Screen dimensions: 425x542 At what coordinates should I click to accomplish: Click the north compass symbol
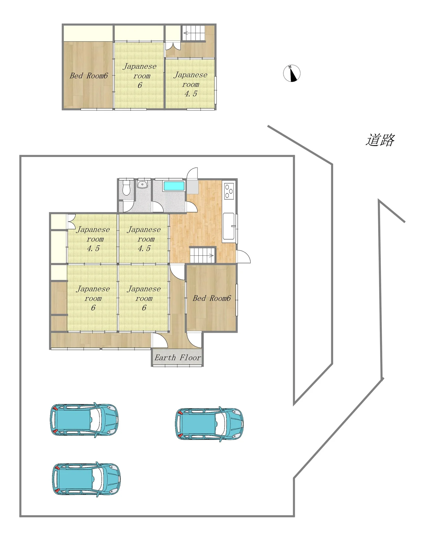tap(292, 73)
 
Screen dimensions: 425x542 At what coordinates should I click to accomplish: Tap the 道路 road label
tap(380, 140)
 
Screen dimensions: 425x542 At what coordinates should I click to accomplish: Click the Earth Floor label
tap(178, 358)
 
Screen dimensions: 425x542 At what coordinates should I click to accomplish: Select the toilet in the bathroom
tap(126, 187)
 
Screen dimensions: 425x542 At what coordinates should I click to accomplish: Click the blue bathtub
tap(174, 186)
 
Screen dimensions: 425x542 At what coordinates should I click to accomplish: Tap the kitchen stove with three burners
tap(229, 191)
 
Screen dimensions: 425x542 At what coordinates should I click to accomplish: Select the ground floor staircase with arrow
tap(202, 255)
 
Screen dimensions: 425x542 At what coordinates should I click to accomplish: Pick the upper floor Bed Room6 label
tap(89, 76)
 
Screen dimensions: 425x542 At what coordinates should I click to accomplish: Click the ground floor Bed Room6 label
tap(212, 298)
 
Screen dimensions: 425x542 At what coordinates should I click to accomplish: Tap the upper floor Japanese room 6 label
tap(140, 76)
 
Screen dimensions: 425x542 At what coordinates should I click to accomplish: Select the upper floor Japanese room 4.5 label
tap(190, 84)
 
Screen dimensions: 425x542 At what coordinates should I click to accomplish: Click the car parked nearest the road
tap(209, 424)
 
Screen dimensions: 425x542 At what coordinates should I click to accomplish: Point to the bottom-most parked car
tap(86, 479)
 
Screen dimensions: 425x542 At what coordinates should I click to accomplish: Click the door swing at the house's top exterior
tap(192, 173)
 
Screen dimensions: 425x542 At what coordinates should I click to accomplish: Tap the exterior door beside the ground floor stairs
tap(243, 257)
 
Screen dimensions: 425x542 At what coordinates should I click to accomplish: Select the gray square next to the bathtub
tap(192, 187)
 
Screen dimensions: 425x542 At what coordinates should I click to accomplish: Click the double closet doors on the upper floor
tap(173, 46)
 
